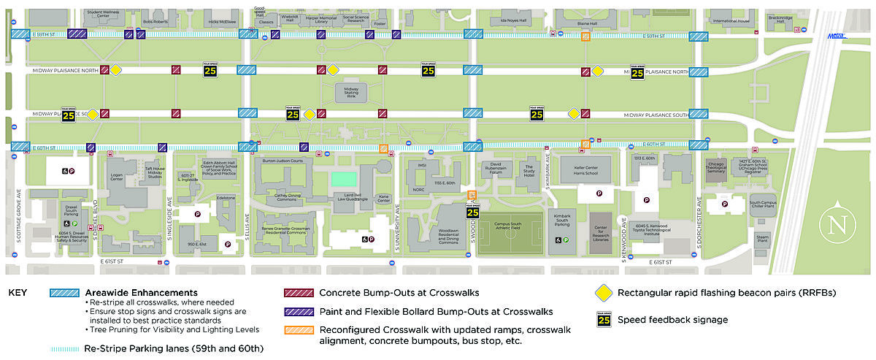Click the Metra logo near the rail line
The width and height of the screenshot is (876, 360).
pyautogui.click(x=837, y=36)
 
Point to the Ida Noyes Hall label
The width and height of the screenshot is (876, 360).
pyautogui.click(x=516, y=20)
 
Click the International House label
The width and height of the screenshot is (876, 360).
pyautogui.click(x=731, y=21)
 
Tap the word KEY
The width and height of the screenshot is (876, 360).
pyautogui.click(x=18, y=293)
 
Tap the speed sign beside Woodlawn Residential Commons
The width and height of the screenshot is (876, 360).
pyautogui.click(x=472, y=212)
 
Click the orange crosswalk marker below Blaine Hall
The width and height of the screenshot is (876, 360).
pyautogui.click(x=585, y=37)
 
